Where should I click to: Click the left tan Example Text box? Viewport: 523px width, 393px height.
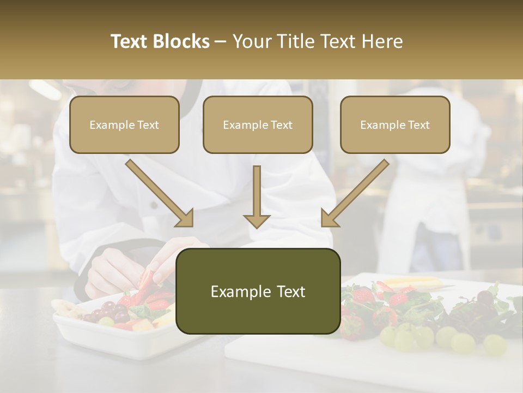(x=124, y=125)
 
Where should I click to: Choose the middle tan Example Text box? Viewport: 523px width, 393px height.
(x=258, y=125)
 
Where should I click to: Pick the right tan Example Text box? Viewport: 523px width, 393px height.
(x=395, y=125)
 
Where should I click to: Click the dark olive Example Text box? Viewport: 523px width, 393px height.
(x=258, y=291)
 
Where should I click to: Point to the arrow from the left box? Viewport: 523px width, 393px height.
(x=159, y=193)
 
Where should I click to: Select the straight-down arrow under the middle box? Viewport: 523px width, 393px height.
(x=257, y=196)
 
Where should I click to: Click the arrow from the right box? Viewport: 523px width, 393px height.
(x=355, y=193)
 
